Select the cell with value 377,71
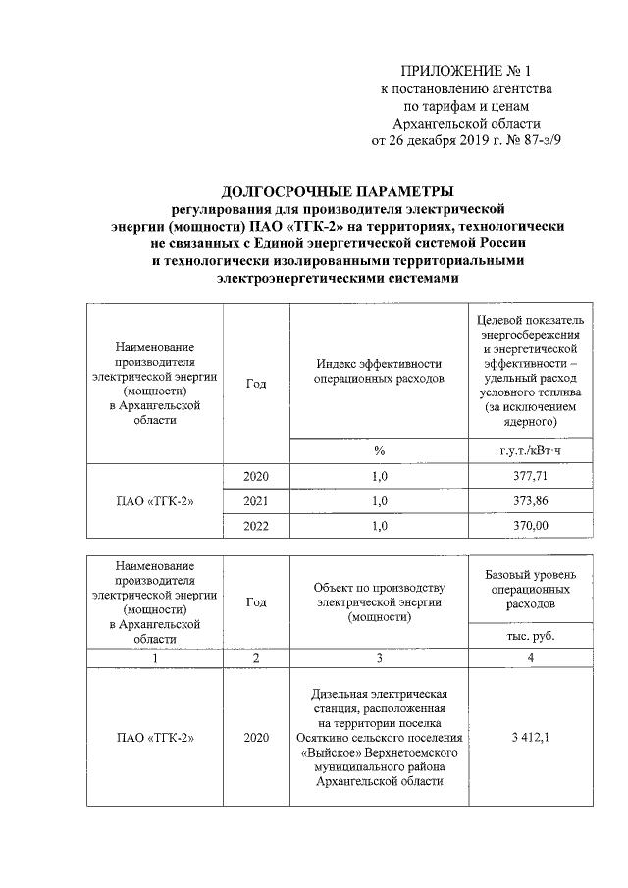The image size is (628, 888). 531,476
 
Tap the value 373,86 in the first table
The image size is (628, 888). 531,500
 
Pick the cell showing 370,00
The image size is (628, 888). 531,526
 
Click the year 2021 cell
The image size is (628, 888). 255,500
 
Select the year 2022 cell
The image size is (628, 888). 255,526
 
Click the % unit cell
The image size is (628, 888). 379,450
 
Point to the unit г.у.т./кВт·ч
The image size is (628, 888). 531,450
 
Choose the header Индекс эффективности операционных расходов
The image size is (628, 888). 379,370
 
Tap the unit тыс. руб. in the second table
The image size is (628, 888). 531,636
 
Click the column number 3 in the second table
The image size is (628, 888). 379,657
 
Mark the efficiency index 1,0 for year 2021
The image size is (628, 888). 379,500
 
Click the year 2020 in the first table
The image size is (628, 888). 255,476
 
